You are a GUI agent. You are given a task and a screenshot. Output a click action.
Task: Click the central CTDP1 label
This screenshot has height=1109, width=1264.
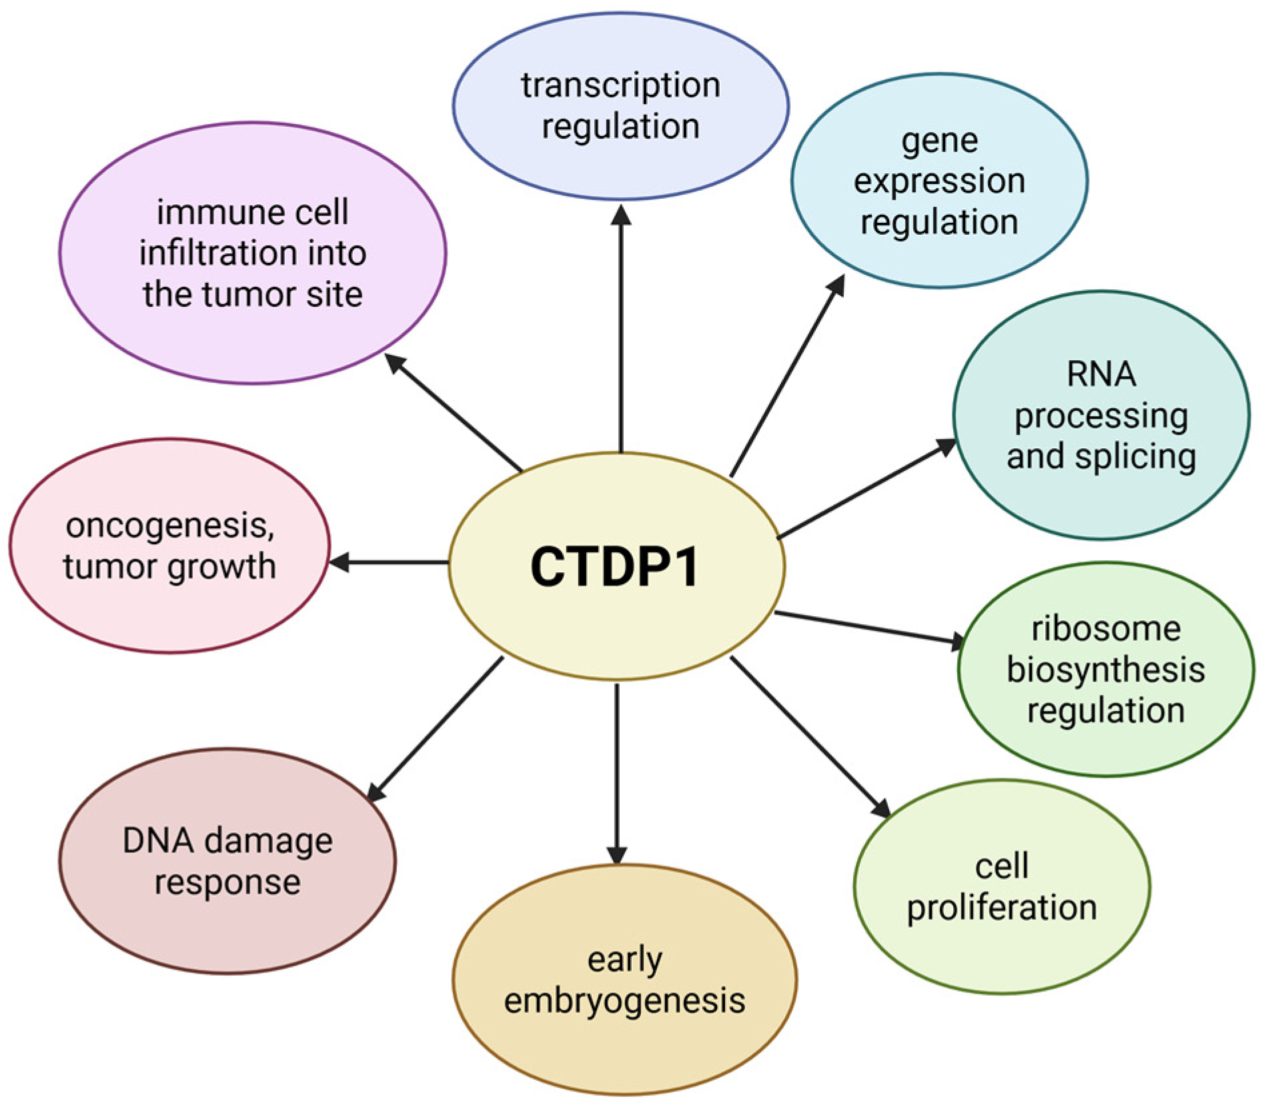(614, 567)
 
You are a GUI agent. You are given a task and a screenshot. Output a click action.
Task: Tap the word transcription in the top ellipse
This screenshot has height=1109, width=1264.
(620, 86)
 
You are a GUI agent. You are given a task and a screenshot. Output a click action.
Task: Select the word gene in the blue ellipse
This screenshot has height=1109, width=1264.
(939, 141)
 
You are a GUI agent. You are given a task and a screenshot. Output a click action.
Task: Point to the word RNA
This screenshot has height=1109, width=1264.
(1101, 374)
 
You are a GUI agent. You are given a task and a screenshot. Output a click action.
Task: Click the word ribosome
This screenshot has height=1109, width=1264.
(1106, 629)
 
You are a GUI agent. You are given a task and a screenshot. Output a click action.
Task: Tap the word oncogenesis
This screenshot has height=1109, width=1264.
(169, 526)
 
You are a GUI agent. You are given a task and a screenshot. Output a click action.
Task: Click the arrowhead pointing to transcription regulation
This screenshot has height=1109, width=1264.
(621, 215)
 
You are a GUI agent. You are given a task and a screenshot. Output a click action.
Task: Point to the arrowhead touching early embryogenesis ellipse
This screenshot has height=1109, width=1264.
(617, 855)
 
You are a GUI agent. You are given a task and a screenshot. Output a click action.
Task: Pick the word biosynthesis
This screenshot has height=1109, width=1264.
(1105, 670)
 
